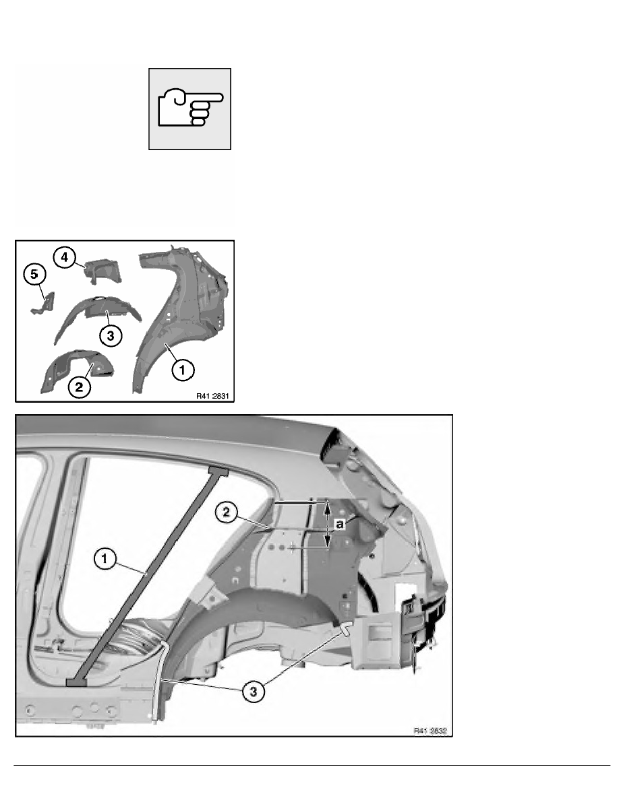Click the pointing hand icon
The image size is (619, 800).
coord(190,108)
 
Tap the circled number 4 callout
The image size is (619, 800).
coord(64,259)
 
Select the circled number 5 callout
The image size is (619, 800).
coord(32,275)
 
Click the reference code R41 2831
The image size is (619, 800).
coord(212,396)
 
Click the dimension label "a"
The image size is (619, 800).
coord(342,523)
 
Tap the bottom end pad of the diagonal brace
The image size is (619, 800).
coord(76,682)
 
